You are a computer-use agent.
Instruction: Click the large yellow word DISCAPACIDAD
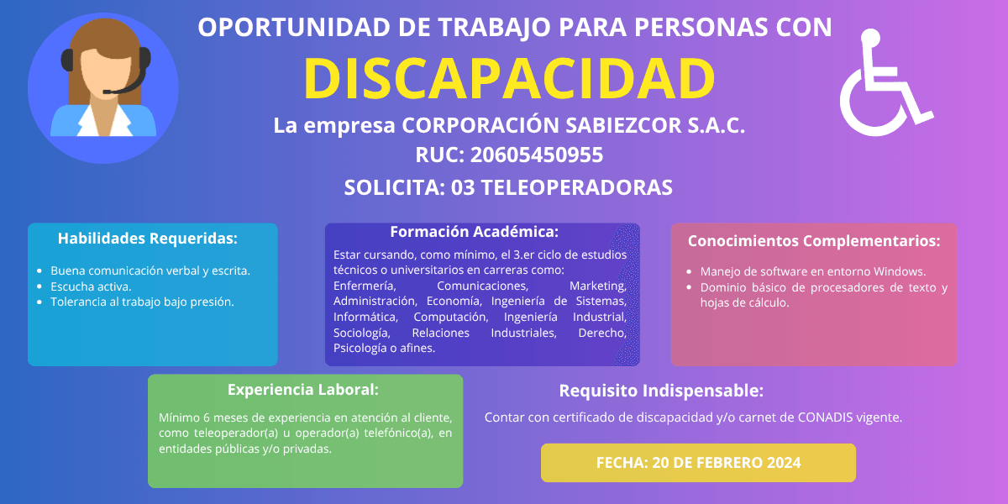pos(509,78)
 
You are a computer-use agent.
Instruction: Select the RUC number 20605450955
pos(537,155)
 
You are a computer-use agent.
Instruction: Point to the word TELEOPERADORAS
pos(577,187)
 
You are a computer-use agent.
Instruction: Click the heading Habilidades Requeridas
pos(148,239)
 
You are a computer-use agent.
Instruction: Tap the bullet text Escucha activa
pos(91,286)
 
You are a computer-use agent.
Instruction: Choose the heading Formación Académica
pos(475,232)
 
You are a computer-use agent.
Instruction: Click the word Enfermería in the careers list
pos(365,286)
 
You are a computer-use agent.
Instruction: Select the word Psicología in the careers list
pos(360,349)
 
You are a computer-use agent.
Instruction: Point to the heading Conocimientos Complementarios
pos(814,241)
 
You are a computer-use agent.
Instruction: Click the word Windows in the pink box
pos(899,271)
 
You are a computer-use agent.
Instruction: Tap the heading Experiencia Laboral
pos(303,390)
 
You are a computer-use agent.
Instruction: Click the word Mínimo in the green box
pos(179,417)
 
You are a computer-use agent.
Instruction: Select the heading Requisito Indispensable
pos(661,391)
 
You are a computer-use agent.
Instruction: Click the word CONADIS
pos(825,417)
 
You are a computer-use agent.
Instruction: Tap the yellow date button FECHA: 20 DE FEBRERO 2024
pos(698,463)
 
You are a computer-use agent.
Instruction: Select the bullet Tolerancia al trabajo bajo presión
pos(142,302)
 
